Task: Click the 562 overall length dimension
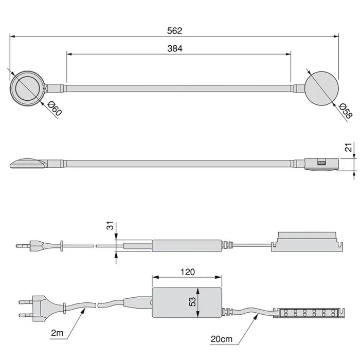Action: click(175, 31)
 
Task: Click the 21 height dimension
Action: click(348, 149)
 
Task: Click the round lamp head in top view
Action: click(27, 88)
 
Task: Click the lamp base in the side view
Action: click(320, 162)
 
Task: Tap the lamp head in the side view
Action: click(28, 163)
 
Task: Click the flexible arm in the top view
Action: click(175, 88)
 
